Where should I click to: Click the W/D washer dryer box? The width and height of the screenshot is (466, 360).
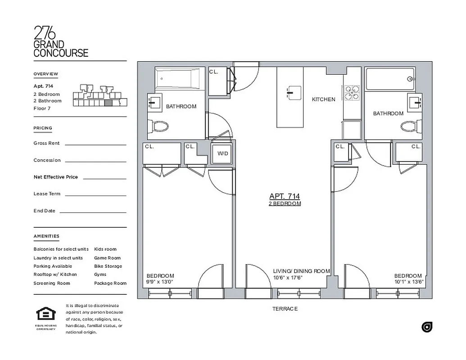tap(223, 153)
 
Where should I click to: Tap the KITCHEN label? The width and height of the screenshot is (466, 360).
tap(324, 99)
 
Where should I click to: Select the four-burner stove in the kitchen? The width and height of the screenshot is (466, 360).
tap(352, 93)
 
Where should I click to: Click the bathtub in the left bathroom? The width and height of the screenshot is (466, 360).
tap(180, 79)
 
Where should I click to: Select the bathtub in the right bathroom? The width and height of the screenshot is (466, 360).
tap(390, 79)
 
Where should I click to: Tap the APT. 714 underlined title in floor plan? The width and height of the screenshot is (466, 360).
tap(285, 196)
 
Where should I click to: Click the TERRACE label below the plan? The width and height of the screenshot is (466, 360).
tap(285, 309)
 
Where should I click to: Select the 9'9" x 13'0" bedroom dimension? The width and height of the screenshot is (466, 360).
tap(160, 282)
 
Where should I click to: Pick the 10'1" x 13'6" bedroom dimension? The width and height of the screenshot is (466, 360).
tap(408, 282)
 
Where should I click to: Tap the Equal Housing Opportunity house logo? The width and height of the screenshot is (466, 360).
tap(45, 314)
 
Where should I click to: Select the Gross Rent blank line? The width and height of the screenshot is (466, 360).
tap(95, 144)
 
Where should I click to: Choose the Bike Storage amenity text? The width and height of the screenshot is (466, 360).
tap(108, 266)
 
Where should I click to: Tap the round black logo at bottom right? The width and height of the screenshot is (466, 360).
tap(427, 327)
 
